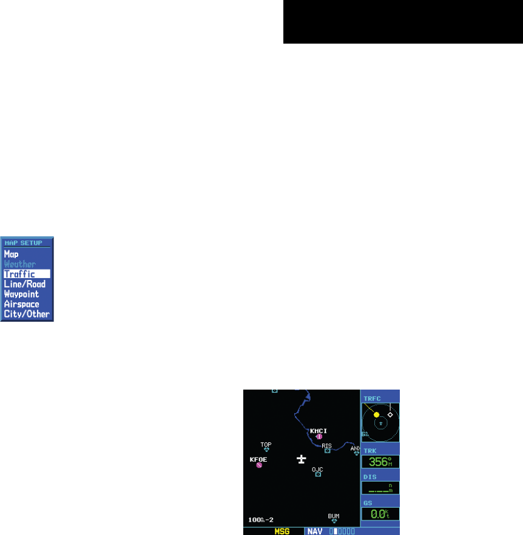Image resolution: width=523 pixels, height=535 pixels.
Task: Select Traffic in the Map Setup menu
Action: [19, 274]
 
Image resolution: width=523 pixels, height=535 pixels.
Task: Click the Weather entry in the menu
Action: [19, 264]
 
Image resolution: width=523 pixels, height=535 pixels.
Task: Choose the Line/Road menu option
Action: [24, 284]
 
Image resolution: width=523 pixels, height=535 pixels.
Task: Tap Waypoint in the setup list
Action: [21, 294]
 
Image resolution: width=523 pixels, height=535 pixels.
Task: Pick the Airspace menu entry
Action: [21, 304]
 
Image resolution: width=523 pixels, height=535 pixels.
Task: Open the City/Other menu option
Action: [26, 314]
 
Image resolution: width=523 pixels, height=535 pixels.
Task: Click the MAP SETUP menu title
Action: [20, 243]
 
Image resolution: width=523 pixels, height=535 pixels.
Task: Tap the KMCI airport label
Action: [319, 431]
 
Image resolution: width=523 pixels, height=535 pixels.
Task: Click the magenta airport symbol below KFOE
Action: [259, 465]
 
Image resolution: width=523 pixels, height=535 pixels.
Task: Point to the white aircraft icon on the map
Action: [301, 460]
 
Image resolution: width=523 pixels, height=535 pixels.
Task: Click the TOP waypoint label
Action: [266, 444]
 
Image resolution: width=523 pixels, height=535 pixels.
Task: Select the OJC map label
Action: [317, 469]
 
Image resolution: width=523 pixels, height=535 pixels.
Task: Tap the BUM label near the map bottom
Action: [334, 516]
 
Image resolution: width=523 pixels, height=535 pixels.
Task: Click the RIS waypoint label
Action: [327, 445]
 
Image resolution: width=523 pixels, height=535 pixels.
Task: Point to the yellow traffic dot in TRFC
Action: [376, 415]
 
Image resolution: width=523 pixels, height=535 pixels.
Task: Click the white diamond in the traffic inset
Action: [390, 415]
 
